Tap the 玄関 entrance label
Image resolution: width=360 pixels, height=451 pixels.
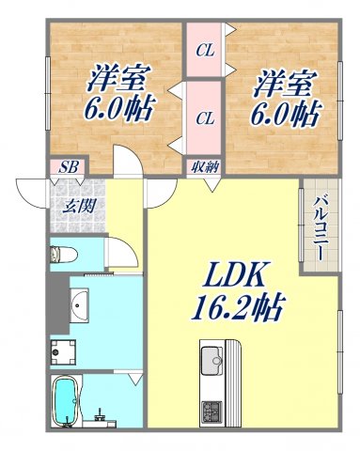click(x=78, y=206)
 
